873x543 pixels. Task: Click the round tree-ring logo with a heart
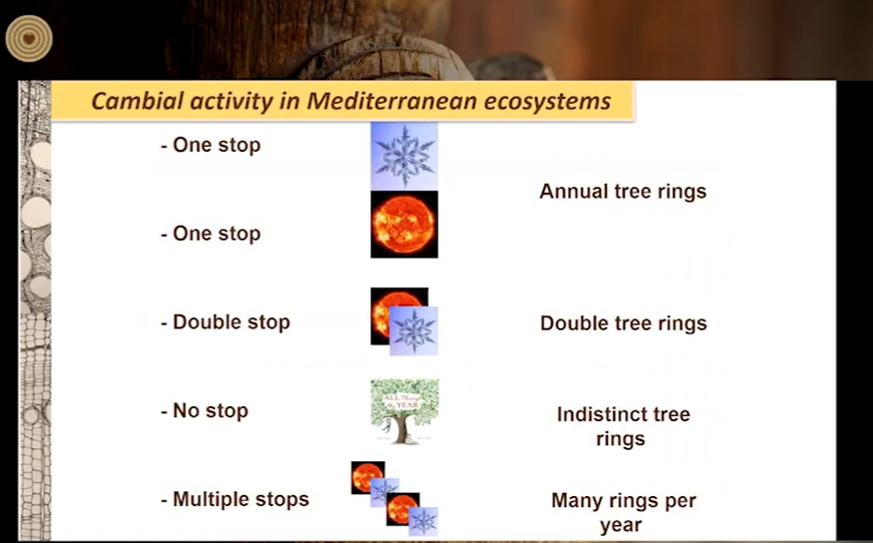[x=29, y=38]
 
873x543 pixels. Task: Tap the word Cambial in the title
[x=137, y=101]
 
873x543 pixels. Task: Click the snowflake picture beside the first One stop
[x=405, y=157]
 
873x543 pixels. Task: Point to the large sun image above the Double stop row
[x=405, y=225]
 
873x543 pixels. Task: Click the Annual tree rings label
[x=623, y=192]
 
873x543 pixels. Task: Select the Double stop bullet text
[x=226, y=322]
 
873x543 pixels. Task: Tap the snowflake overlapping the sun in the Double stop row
[x=414, y=331]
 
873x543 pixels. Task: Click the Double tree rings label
[x=623, y=323]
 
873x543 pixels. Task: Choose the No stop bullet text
[x=205, y=410]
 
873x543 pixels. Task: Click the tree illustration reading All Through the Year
[x=405, y=411]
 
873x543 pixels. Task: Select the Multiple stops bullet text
[x=235, y=499]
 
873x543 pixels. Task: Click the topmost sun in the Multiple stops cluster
[x=368, y=477]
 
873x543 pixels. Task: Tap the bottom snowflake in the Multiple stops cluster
[x=424, y=522]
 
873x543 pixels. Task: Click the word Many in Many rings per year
[x=576, y=501]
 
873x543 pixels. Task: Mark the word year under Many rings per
[x=620, y=525]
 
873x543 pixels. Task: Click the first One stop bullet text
[x=211, y=145]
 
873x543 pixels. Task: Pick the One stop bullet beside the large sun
[x=211, y=234]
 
